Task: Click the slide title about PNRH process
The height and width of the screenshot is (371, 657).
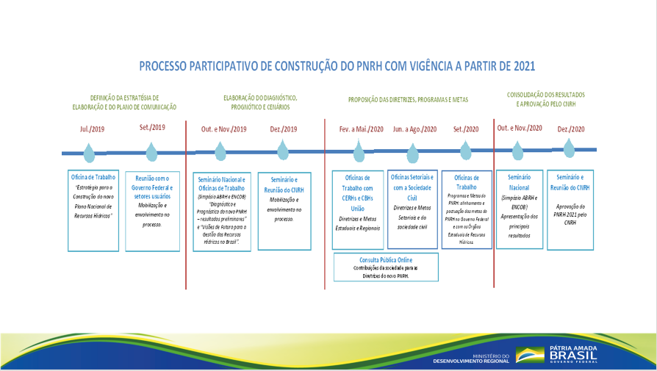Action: pos(337,66)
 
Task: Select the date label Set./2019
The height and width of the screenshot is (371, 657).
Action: pos(152,127)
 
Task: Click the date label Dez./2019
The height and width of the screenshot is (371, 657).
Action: pos(284,129)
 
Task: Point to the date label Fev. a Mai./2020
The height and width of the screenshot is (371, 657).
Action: pos(361,129)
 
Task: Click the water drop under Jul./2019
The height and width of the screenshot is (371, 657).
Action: pos(89,152)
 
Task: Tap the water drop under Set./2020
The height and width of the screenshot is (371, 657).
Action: pos(466,151)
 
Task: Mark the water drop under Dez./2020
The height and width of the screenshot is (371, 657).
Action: pos(569,151)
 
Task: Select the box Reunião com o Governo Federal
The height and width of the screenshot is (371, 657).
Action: pos(153,209)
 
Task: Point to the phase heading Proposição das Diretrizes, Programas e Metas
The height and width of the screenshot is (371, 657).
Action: pos(408,99)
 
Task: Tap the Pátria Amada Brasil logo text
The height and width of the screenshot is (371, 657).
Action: pos(574,354)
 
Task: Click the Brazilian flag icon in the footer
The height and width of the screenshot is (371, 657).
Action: pos(530,356)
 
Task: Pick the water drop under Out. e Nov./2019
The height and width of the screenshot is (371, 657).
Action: pos(220,152)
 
